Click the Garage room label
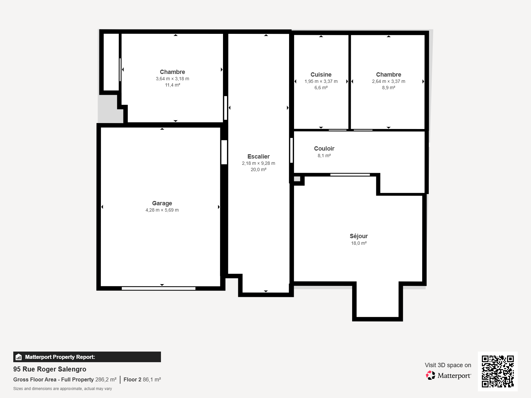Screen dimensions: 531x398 162,203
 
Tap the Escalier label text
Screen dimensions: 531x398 258,156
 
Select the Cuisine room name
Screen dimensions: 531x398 321,74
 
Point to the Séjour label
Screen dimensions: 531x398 358,236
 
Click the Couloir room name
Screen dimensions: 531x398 324,148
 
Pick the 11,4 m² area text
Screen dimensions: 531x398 172,85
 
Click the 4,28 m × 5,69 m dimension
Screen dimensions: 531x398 162,210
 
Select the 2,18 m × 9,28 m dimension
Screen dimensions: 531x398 258,163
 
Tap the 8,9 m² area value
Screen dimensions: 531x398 389,88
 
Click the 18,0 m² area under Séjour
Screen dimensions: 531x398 358,243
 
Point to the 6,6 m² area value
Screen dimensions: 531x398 321,88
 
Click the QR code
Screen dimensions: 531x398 497,371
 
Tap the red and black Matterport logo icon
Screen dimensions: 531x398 430,375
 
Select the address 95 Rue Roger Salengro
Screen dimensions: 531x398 49,369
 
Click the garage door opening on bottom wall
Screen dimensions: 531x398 158,288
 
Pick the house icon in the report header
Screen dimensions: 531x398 19,357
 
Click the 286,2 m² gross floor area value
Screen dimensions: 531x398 106,379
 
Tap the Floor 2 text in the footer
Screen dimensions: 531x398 132,379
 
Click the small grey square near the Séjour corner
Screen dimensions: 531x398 297,179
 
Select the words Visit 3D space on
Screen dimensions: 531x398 448,365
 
